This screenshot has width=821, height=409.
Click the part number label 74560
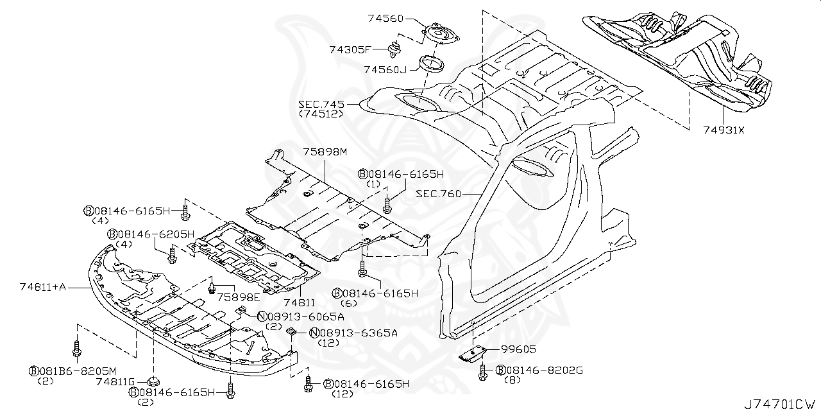point(385,19)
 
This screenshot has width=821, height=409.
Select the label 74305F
point(350,49)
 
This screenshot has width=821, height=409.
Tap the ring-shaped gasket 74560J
point(431,64)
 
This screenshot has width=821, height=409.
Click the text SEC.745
point(321,104)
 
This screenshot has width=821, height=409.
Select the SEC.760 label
point(438,193)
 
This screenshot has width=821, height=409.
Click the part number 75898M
point(325,152)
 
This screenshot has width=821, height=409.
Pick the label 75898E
point(238,297)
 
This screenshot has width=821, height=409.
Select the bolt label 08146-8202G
point(544,370)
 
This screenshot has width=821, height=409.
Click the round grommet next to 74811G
point(154,378)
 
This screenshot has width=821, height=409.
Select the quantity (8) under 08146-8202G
point(512,380)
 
